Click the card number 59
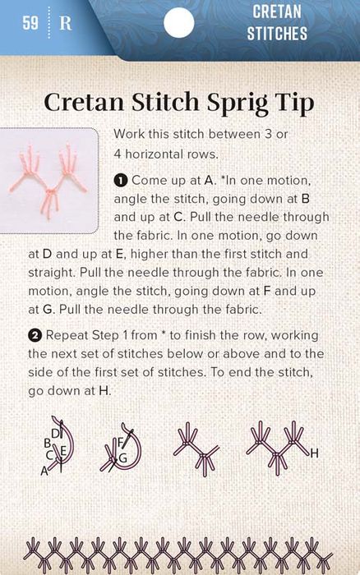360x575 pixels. point(30,23)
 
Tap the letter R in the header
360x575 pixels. point(65,24)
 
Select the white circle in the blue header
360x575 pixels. point(178,23)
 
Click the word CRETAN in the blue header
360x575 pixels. point(277,11)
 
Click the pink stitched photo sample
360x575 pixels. point(48,180)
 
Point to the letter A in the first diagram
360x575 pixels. point(44,471)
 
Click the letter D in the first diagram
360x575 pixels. point(55,434)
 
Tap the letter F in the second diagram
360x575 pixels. point(120,442)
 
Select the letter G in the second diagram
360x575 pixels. point(122,458)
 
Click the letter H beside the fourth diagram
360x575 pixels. point(314,454)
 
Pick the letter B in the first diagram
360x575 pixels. point(47,444)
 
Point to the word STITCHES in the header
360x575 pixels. point(277,34)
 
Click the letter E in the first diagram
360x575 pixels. point(62,451)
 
